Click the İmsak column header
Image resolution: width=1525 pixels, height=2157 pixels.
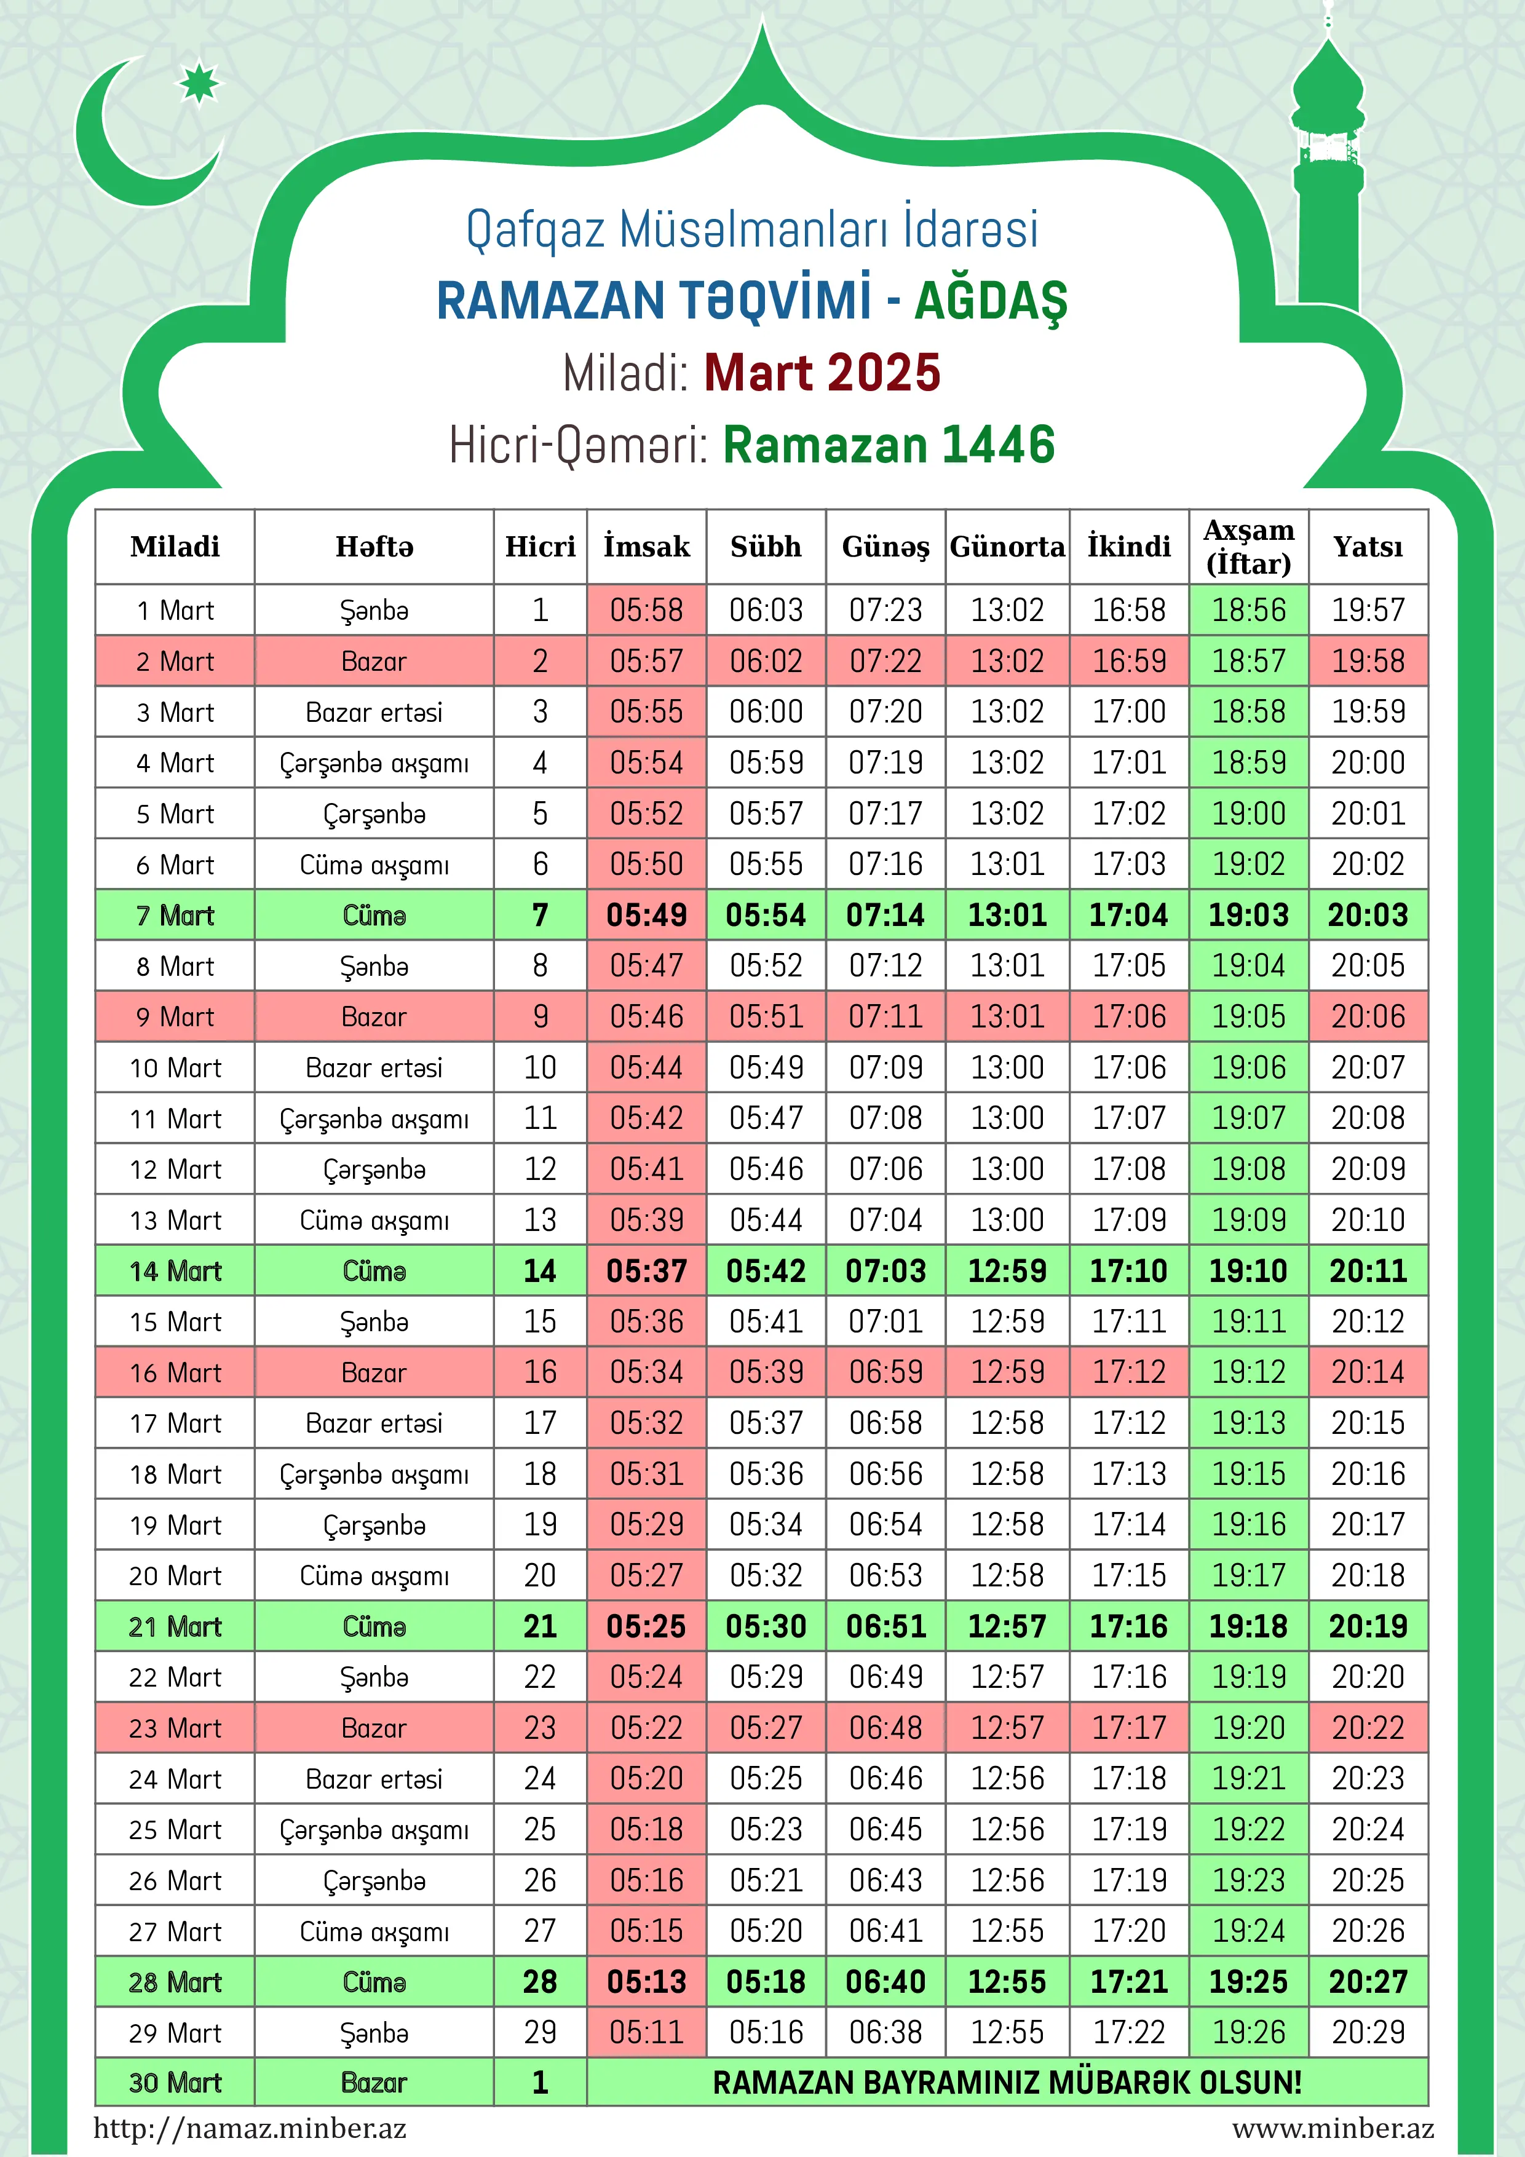pos(646,547)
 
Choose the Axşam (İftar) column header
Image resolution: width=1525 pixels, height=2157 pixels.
pos(1249,547)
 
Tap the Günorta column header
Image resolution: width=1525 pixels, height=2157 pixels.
pos(1007,547)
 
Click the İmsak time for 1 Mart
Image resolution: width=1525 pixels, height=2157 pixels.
pos(646,611)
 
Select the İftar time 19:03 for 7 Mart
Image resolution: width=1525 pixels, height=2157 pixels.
pos(1249,915)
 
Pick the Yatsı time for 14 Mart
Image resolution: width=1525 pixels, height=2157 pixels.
pos(1368,1271)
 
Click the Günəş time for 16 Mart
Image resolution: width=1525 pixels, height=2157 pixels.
pos(886,1372)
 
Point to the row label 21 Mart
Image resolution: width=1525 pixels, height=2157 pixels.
pos(175,1626)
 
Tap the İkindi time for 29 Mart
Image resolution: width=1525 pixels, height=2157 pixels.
pos(1128,2033)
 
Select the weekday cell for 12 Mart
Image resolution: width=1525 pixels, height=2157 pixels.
pos(374,1170)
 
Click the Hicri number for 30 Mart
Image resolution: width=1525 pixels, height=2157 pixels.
pos(541,2083)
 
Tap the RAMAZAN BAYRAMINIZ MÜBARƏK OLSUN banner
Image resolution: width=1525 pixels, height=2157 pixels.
pos(1007,2083)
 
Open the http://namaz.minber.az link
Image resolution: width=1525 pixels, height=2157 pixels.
pos(250,2128)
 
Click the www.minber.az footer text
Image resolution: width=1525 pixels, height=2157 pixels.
pos(1333,2128)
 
